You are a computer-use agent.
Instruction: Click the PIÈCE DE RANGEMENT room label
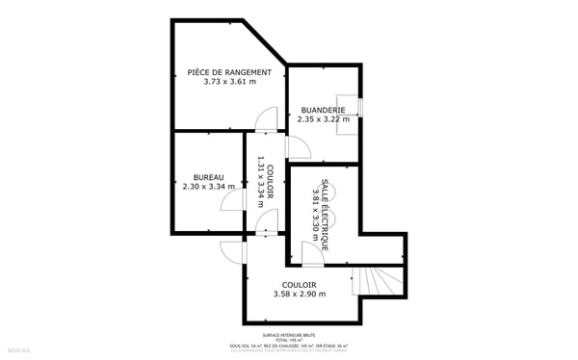pos(229,72)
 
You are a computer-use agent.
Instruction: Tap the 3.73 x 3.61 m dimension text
pos(229,82)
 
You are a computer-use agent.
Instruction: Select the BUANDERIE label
pos(323,110)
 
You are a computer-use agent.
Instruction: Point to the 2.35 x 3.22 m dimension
pos(323,119)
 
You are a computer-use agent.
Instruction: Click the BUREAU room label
pos(208,177)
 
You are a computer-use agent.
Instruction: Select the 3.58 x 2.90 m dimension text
pos(299,295)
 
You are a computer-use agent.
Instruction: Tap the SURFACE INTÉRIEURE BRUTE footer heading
pos(289,335)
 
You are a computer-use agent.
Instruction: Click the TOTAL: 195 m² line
pos(289,340)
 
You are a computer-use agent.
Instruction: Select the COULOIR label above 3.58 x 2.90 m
pos(299,284)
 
